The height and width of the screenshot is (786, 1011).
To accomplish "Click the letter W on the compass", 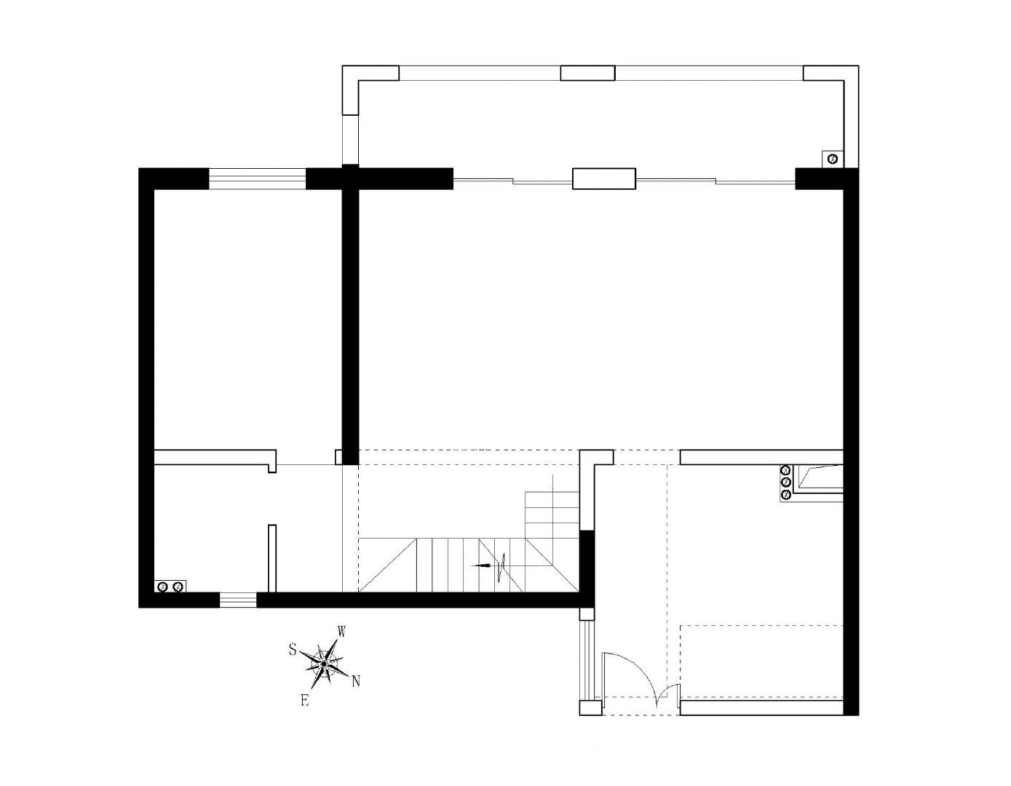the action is point(341,632).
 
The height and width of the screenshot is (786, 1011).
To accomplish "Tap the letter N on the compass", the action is point(356,682).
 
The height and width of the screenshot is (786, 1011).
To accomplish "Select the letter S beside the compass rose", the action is point(293,649).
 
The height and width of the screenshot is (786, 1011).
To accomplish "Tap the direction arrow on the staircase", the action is point(481,565).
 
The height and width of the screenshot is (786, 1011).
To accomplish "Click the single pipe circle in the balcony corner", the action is point(833,159).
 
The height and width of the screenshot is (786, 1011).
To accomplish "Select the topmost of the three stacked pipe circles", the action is point(786,470).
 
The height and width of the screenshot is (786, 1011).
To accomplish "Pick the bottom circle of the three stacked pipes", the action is point(786,494).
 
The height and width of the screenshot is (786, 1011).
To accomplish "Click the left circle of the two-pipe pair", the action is point(163,587).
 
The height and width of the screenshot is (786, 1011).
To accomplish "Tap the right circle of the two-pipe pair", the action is point(177,587).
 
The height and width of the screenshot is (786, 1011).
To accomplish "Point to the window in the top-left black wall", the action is point(257,178).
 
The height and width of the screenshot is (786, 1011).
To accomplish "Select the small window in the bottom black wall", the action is point(238,600).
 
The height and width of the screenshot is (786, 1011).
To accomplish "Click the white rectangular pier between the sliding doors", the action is point(604,178).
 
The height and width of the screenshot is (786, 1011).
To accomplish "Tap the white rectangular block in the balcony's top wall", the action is point(587,73).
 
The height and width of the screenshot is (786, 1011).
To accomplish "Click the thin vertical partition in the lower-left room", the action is point(272,558).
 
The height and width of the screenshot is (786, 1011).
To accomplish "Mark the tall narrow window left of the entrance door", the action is point(587,660).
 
